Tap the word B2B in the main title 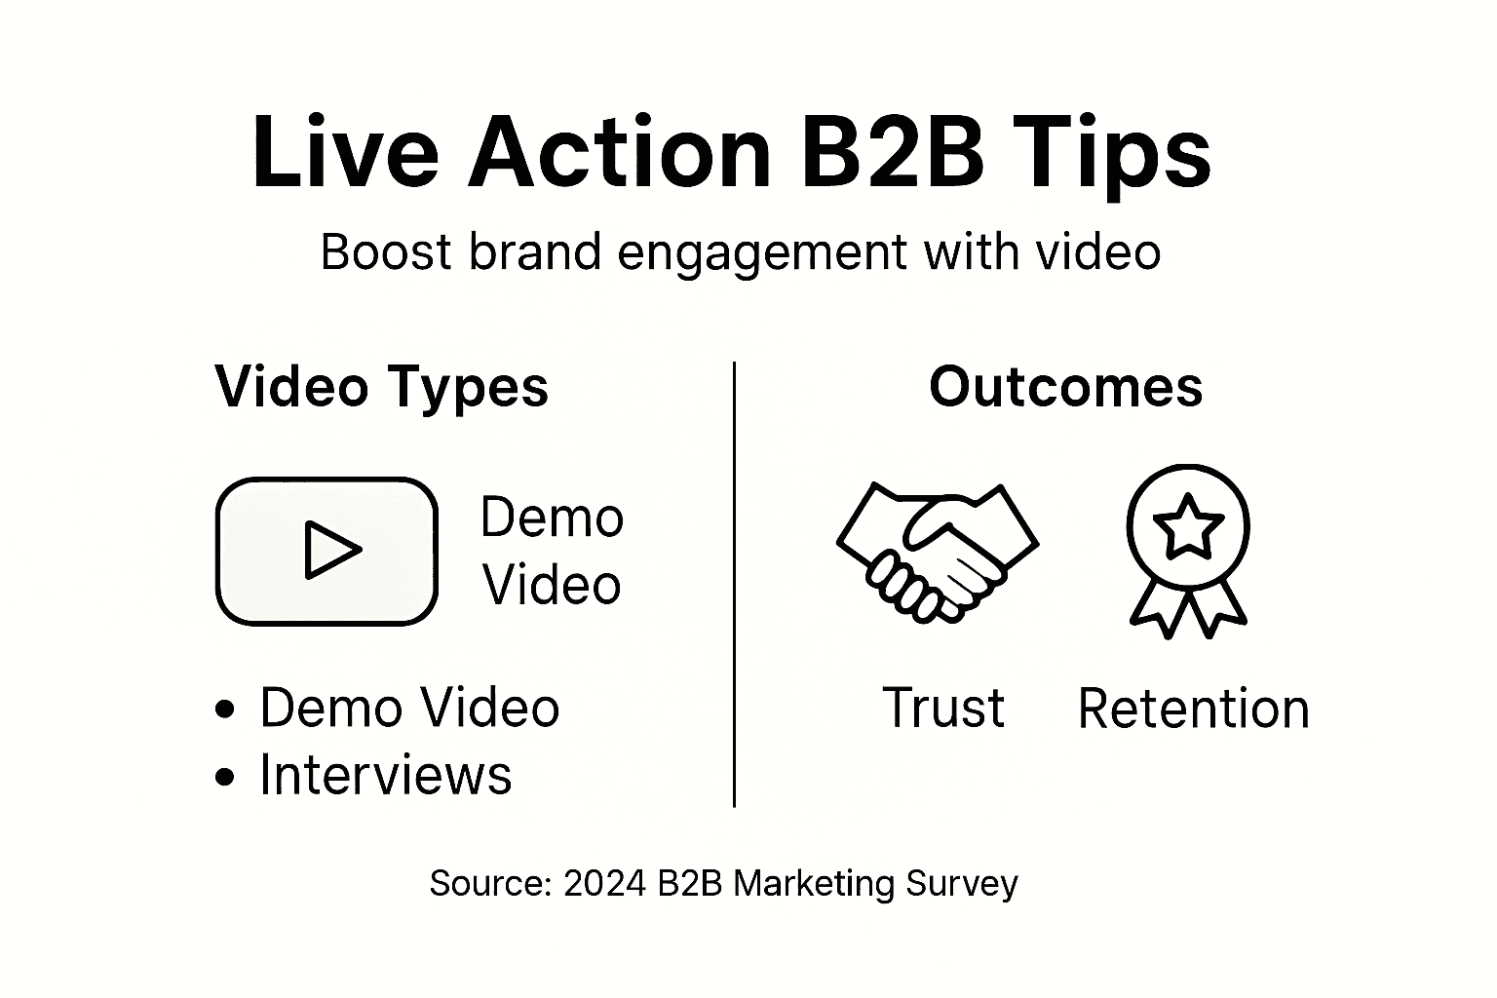point(892,154)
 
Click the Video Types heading point(381,387)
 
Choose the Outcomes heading point(1065,387)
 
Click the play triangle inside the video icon point(330,551)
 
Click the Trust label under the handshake point(942,708)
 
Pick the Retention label point(1193,709)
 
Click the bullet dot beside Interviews point(225,777)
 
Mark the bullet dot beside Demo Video point(225,709)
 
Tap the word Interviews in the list point(385,776)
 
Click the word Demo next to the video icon point(552,518)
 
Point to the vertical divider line point(734,585)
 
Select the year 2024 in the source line point(603,884)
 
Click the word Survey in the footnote point(961,884)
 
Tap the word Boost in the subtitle point(386,252)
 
